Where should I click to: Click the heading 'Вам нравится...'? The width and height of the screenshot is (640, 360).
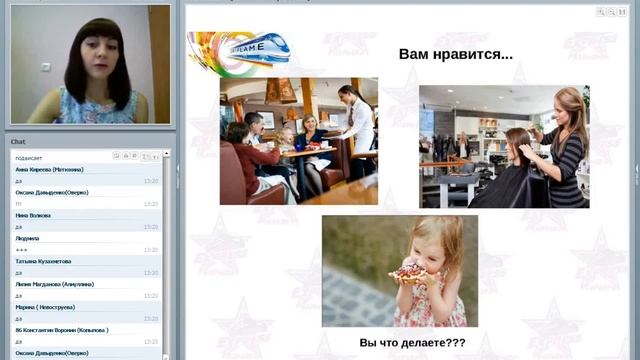(x=455, y=54)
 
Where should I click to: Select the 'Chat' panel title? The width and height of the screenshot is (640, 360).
(x=19, y=142)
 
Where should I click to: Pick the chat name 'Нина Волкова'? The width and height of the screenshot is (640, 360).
(x=34, y=215)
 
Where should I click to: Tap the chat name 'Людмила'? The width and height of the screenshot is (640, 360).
(x=28, y=238)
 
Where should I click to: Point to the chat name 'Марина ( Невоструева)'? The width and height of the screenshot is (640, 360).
(x=45, y=307)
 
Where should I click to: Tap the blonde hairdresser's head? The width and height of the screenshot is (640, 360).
(x=568, y=104)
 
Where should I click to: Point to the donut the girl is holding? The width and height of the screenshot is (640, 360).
(x=409, y=272)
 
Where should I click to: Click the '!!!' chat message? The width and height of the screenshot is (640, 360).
(x=19, y=203)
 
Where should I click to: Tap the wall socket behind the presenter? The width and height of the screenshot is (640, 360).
(x=46, y=67)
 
